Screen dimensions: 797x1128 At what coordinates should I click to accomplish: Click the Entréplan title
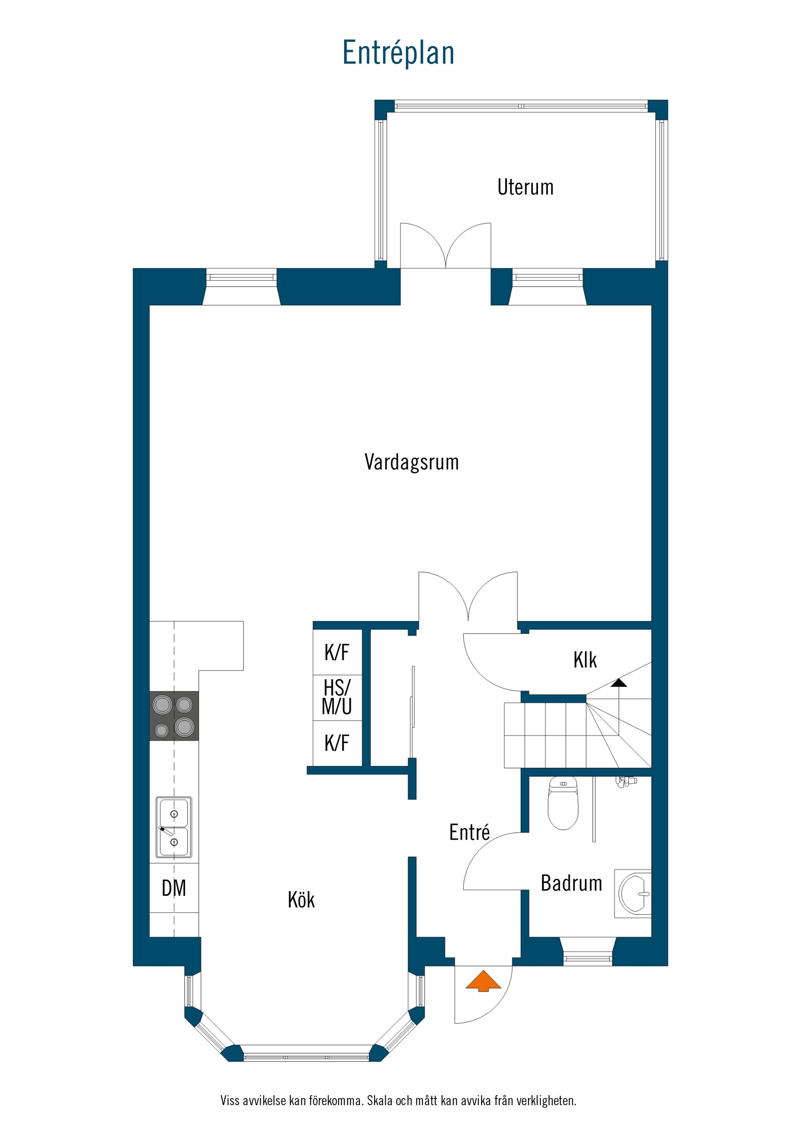pyautogui.click(x=398, y=53)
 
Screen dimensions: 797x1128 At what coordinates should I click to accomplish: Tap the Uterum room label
pyautogui.click(x=525, y=187)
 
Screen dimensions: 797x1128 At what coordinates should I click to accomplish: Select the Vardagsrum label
pyautogui.click(x=411, y=462)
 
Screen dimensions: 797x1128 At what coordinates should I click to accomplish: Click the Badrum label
pyautogui.click(x=571, y=883)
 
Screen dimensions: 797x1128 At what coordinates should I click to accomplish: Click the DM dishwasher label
pyautogui.click(x=174, y=888)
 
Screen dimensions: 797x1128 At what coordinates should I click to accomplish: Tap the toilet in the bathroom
pyautogui.click(x=563, y=803)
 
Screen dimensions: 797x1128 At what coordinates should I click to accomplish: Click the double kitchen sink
pyautogui.click(x=174, y=827)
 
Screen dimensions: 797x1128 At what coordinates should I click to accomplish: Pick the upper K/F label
pyautogui.click(x=337, y=652)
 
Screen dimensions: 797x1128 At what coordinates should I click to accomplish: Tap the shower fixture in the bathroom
pyautogui.click(x=626, y=781)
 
